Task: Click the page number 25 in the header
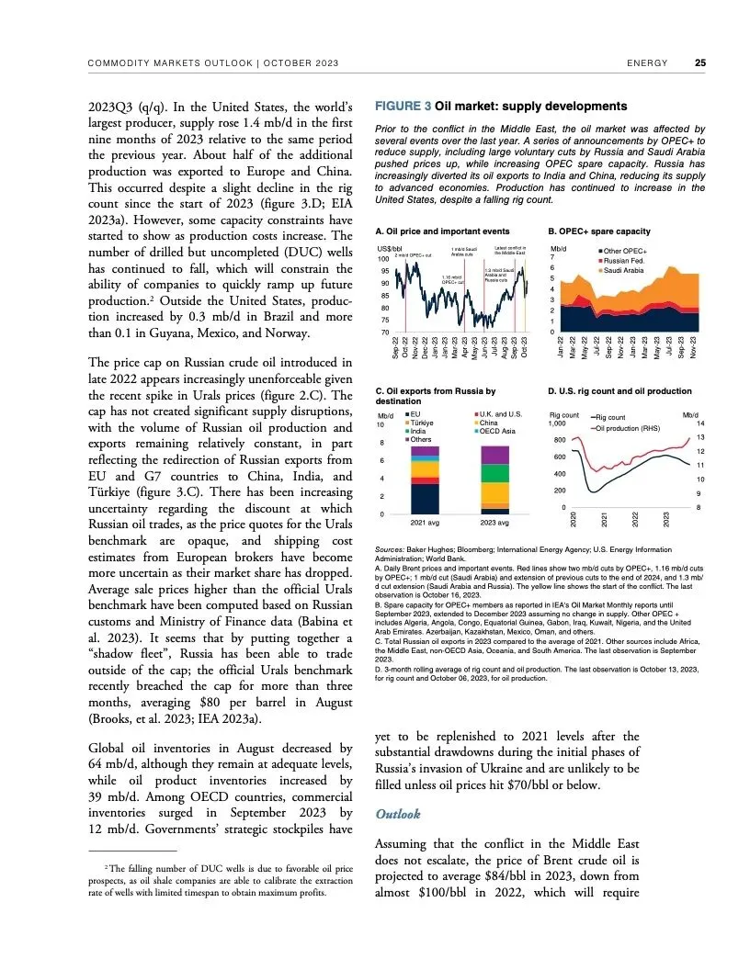pyautogui.click(x=700, y=63)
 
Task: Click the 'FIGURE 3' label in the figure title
pyautogui.click(x=402, y=107)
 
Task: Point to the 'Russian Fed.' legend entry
pyautogui.click(x=628, y=261)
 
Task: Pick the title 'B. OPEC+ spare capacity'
pyautogui.click(x=599, y=231)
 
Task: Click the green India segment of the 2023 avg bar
pyautogui.click(x=494, y=474)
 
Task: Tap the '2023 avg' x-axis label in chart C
pyautogui.click(x=494, y=523)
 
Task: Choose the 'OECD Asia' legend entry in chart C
pyautogui.click(x=502, y=431)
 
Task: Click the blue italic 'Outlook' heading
pyautogui.click(x=399, y=815)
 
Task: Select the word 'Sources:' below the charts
pyautogui.click(x=395, y=549)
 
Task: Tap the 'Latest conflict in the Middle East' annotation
pyautogui.click(x=509, y=251)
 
